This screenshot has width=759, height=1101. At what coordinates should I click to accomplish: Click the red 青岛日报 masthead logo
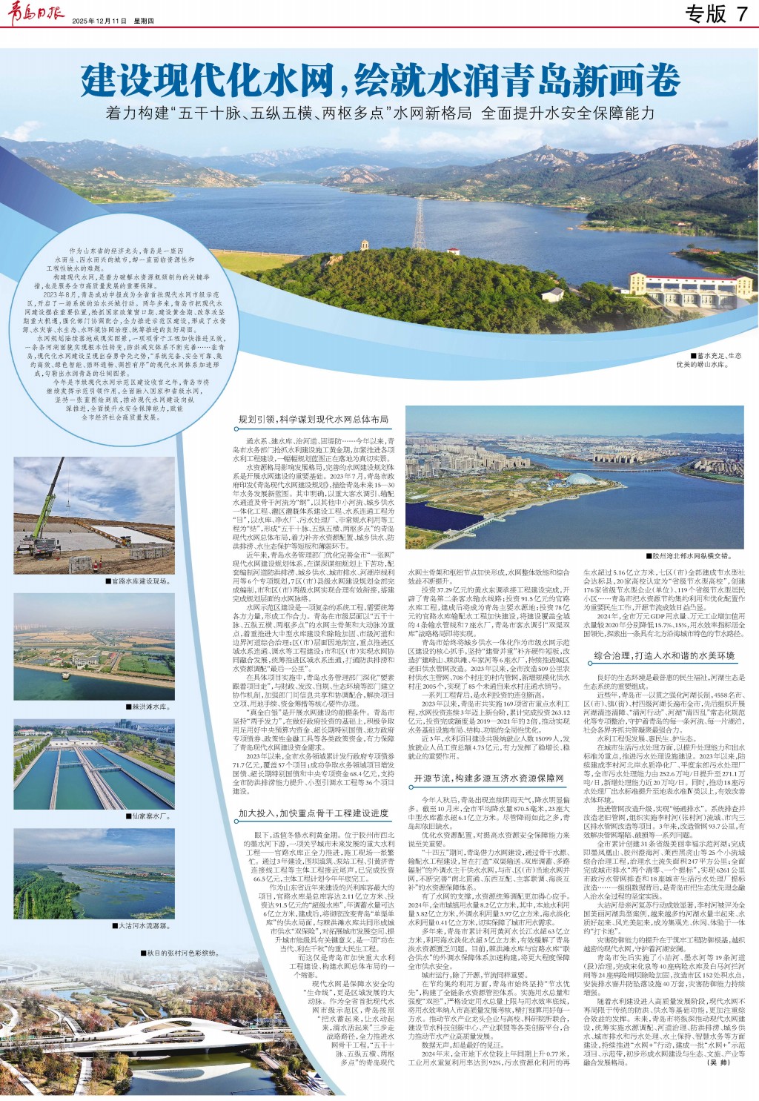click(36, 14)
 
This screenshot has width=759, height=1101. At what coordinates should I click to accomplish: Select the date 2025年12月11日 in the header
click(100, 21)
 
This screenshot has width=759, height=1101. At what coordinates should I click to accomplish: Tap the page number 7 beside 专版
click(741, 13)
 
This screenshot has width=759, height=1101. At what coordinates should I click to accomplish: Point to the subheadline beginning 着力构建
click(380, 113)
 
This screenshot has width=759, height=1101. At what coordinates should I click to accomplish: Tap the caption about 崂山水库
click(709, 360)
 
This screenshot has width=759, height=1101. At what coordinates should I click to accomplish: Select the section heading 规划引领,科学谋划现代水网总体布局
click(314, 420)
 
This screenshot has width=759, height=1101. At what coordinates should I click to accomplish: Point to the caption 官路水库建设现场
click(138, 581)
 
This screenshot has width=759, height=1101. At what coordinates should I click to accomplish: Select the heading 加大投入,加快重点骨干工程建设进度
click(314, 813)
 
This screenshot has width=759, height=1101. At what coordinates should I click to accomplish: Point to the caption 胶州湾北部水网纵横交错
click(692, 555)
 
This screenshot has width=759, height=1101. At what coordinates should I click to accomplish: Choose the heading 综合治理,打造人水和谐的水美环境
click(664, 655)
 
